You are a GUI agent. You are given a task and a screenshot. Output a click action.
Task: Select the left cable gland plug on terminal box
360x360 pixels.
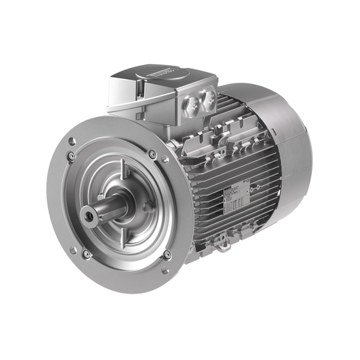[x=191, y=105]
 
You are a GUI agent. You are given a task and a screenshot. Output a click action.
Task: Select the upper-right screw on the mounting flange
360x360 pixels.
[x=152, y=154]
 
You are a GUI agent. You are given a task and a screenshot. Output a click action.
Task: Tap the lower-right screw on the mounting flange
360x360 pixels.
[x=167, y=255]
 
